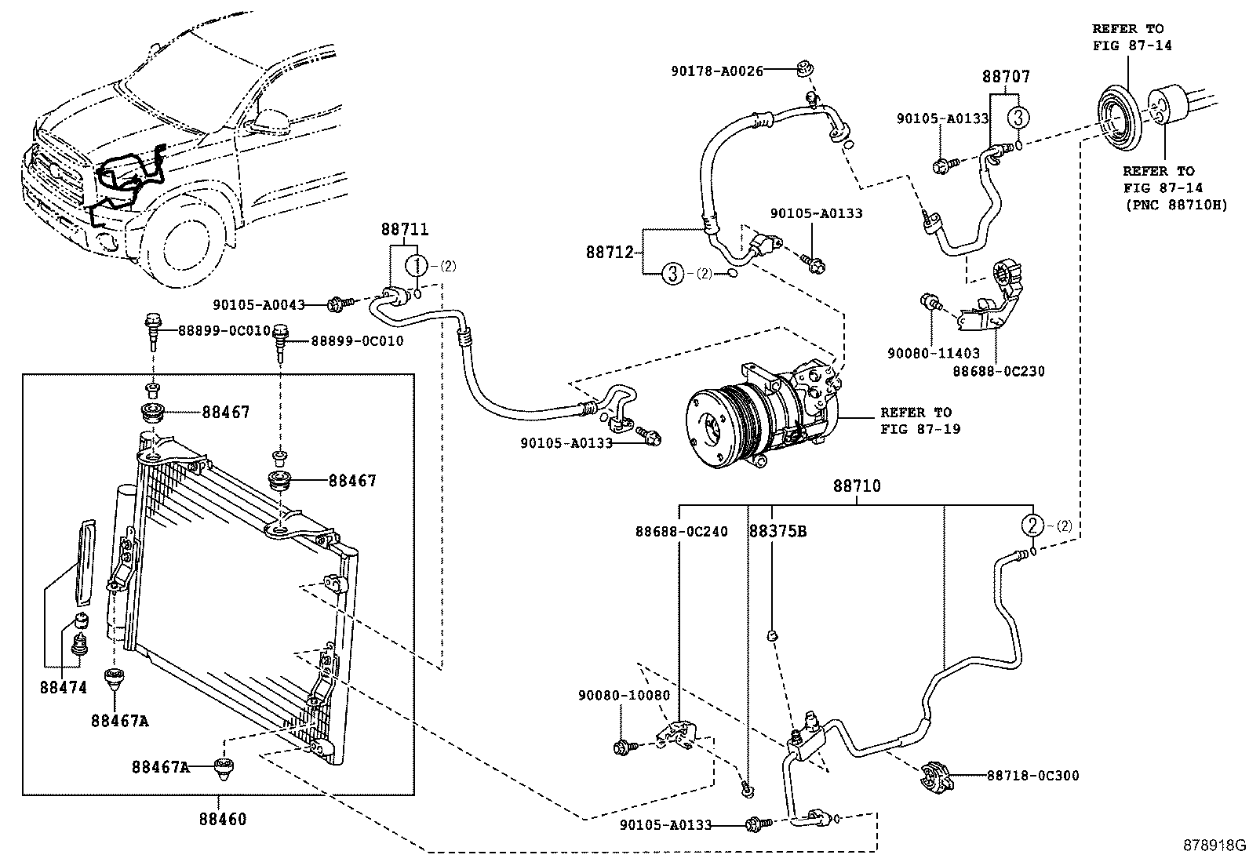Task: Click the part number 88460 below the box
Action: [223, 819]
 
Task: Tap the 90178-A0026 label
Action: [717, 71]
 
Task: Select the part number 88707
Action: [1006, 76]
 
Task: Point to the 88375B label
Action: [777, 531]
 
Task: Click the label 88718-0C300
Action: [1033, 776]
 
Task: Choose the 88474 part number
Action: [64, 687]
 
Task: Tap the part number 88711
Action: [405, 229]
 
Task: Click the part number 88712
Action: [610, 253]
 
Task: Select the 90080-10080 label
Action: [624, 695]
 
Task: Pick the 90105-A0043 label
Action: [259, 305]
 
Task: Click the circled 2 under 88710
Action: [1032, 526]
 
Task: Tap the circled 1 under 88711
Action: [417, 266]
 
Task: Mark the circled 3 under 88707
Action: [1018, 118]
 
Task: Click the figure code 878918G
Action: [1214, 846]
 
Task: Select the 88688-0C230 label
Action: [998, 371]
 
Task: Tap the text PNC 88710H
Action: [1177, 205]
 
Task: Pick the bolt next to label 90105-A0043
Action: [340, 304]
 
